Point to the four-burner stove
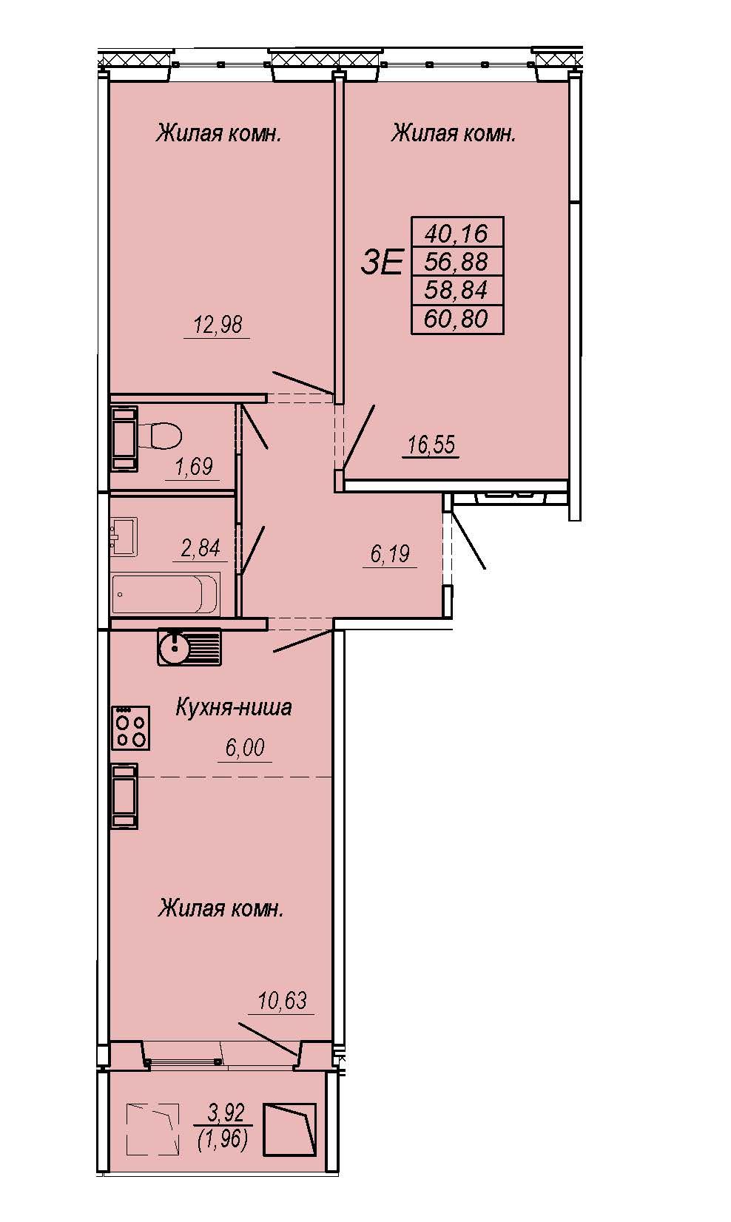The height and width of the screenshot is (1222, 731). pos(131,728)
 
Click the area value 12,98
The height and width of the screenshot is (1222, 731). pos(218,325)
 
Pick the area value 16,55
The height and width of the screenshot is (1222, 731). pos(431,445)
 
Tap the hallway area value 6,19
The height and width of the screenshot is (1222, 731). pos(389,554)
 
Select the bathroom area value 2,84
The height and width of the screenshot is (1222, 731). pos(201,548)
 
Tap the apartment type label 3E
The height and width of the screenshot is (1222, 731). pos(382,263)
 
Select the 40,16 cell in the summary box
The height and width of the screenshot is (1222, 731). pos(457,234)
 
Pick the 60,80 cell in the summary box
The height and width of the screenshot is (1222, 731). pos(457,319)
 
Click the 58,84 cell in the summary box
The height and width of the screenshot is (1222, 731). pos(457,290)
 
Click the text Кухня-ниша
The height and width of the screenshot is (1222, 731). pos(234,708)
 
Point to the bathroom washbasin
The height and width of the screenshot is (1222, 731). pos(124,537)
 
